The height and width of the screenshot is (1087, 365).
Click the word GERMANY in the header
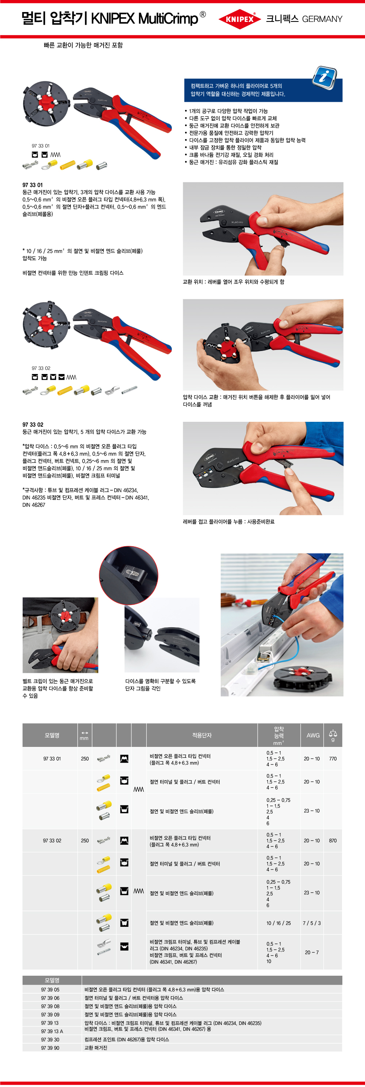tap(322, 19)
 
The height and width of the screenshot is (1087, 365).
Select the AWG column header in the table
tap(313, 735)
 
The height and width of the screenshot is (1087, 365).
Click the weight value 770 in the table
tap(333, 759)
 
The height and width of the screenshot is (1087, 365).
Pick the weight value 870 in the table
tap(333, 841)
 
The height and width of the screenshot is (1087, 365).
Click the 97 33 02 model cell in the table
tap(52, 841)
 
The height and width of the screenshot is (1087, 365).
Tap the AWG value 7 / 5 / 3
tap(311, 923)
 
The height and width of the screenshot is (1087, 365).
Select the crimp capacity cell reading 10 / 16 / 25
tap(278, 923)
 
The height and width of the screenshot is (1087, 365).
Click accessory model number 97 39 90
tap(50, 1048)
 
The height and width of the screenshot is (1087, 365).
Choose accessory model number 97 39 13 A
tap(52, 1031)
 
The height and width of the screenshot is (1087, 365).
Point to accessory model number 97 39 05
tap(50, 990)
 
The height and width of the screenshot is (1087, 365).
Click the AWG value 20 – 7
tap(312, 952)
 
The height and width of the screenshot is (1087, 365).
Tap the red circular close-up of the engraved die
tap(129, 575)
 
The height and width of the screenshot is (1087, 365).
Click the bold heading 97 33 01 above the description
tap(32, 185)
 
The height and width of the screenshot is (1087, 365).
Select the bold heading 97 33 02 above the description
tap(33, 424)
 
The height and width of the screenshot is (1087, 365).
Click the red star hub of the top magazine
tap(45, 103)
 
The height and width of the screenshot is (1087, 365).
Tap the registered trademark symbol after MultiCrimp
tap(203, 14)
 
